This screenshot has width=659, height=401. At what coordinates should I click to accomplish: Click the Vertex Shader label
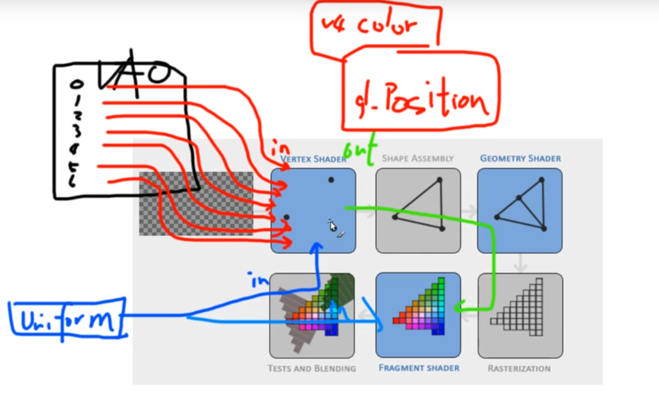coord(312,159)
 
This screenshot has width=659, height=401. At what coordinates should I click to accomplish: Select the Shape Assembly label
coord(417,158)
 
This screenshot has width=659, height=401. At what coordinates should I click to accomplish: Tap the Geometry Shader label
coord(520,158)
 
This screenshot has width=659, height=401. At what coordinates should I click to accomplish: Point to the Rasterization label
coord(519,368)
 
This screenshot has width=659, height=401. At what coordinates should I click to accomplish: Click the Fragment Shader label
coord(419,368)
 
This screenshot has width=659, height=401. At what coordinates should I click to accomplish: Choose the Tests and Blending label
coord(312,368)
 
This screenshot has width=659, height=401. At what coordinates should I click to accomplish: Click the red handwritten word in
coord(280,147)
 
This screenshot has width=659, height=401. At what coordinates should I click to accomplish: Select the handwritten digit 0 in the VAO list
coord(77,85)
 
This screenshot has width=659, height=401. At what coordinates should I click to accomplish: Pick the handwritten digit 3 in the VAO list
coord(77,131)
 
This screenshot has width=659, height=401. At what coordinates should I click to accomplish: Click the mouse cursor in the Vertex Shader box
coord(332,225)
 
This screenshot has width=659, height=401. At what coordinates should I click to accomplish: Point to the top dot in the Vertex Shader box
coord(331,179)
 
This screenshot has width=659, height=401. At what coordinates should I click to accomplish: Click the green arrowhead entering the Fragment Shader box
coord(458,308)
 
